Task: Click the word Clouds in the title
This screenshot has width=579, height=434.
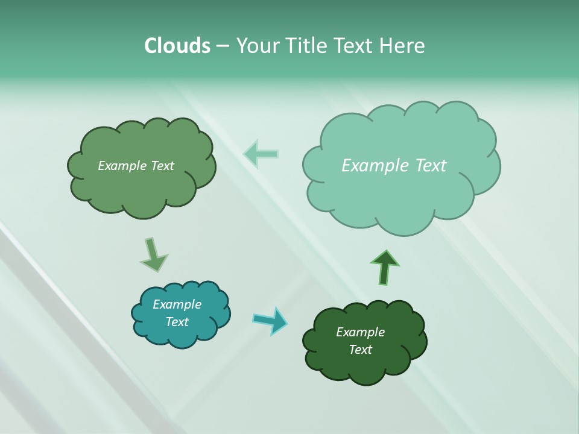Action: pyautogui.click(x=177, y=46)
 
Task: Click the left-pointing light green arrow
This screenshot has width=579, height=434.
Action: pyautogui.click(x=261, y=154)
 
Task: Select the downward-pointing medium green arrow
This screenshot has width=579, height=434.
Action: pyautogui.click(x=153, y=255)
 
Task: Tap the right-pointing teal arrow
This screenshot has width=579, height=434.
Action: pyautogui.click(x=270, y=320)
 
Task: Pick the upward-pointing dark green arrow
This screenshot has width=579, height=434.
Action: pyautogui.click(x=385, y=268)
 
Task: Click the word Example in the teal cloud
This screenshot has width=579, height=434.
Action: pyautogui.click(x=177, y=304)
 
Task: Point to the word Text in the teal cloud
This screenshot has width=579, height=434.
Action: pyautogui.click(x=177, y=322)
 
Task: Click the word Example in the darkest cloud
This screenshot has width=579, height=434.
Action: pyautogui.click(x=360, y=332)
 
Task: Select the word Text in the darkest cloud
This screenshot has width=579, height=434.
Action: pyautogui.click(x=360, y=350)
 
